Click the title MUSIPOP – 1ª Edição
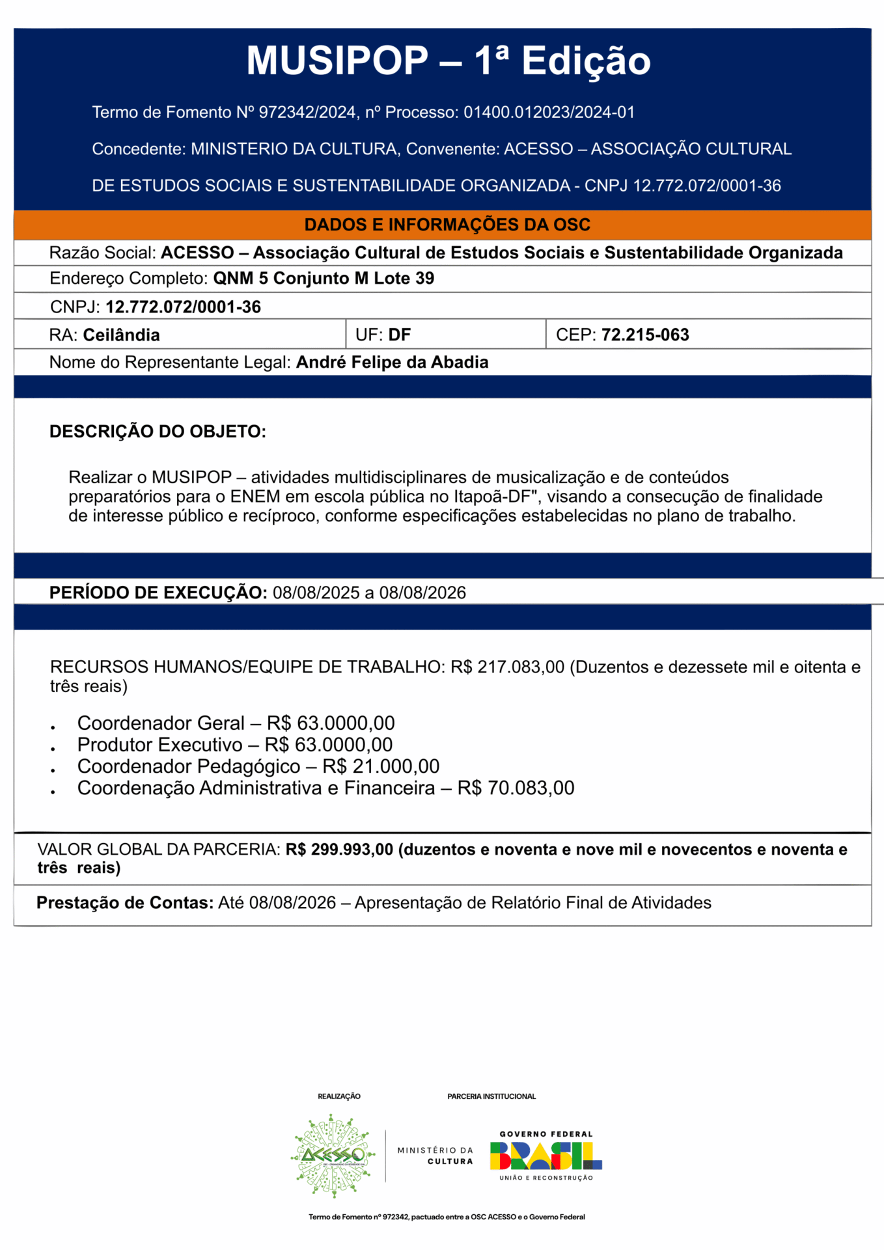click(x=449, y=61)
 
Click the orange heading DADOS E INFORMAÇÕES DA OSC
click(x=447, y=225)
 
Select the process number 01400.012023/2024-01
click(x=549, y=113)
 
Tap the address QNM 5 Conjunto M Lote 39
click(x=324, y=279)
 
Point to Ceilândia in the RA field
click(x=121, y=335)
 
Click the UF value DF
click(x=400, y=335)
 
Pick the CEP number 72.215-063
click(x=645, y=335)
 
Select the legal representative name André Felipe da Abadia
click(x=392, y=363)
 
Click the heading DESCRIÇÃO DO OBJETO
click(x=158, y=432)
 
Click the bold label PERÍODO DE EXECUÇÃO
click(x=158, y=592)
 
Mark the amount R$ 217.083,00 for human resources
click(x=508, y=667)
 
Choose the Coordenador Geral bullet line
click(x=236, y=723)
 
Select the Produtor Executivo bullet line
click(x=234, y=745)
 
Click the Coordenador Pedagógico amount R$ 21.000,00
click(x=381, y=766)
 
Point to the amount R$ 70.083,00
click(x=516, y=788)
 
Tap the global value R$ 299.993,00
click(x=339, y=850)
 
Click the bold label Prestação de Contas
click(x=125, y=903)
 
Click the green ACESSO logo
click(x=333, y=1156)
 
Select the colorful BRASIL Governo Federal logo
click(x=546, y=1156)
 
